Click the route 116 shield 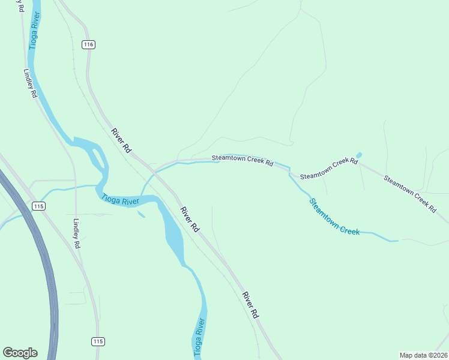coord(89,45)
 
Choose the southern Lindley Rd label coord(76,233)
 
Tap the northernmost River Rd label coord(121,140)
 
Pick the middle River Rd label coord(190,219)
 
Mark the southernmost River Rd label coord(251,305)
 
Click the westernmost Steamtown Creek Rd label coord(243,161)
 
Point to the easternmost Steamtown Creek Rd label coord(410,193)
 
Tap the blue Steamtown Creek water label coord(334,217)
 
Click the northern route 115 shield coord(39,206)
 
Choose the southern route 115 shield coord(98,341)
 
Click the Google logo coord(20,353)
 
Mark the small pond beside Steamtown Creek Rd coord(359,155)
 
